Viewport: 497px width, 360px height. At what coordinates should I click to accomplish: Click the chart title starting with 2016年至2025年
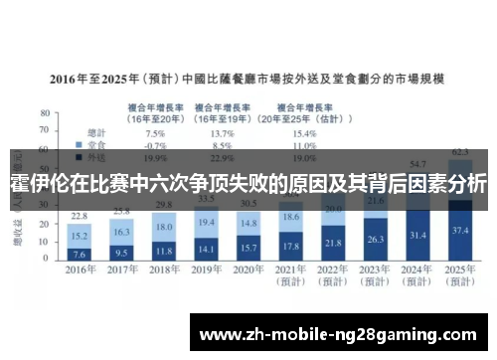(248, 77)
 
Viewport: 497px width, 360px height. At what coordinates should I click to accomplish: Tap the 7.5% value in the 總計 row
(155, 132)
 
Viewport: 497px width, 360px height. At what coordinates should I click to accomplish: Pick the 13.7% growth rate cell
(223, 132)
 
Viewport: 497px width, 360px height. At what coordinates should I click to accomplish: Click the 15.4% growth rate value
(303, 132)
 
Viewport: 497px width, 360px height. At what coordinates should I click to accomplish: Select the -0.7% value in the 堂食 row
(155, 144)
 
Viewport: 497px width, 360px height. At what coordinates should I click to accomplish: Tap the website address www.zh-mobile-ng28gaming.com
(338, 333)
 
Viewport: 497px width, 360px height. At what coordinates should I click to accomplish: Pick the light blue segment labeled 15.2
(79, 237)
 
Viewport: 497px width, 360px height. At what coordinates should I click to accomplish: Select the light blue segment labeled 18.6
(290, 216)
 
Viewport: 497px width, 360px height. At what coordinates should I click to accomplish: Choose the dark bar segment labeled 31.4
(417, 235)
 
